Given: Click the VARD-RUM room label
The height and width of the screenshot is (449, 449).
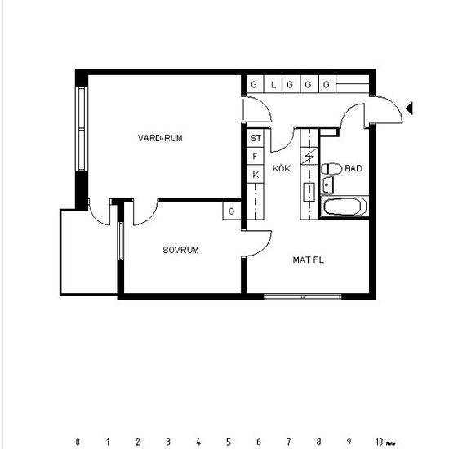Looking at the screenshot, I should click(160, 138).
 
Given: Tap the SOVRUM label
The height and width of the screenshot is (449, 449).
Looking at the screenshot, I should click(180, 250).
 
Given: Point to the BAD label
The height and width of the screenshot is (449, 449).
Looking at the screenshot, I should click(353, 168).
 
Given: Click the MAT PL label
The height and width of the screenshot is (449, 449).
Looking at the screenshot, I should click(309, 260).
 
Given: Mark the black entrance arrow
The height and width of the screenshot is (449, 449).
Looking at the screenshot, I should click(411, 108).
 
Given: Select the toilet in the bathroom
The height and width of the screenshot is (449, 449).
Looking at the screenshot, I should click(331, 169).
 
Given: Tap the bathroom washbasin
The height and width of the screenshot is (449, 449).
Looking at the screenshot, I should click(328, 185).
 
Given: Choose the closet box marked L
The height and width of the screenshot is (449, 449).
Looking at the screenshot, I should click(273, 84).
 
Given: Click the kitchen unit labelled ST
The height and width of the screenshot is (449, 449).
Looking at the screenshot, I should click(256, 139).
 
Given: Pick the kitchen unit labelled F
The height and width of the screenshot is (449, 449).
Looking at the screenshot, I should click(256, 156).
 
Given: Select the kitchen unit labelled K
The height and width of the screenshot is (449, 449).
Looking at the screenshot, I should click(256, 174).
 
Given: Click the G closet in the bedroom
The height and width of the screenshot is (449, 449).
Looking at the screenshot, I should click(232, 211).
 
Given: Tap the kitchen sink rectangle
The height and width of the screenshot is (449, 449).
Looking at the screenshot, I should click(309, 193).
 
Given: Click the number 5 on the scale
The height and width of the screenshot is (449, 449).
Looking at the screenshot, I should click(228, 442).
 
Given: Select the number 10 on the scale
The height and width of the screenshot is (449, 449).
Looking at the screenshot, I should click(379, 442).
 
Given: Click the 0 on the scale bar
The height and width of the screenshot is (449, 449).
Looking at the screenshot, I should click(78, 442).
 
